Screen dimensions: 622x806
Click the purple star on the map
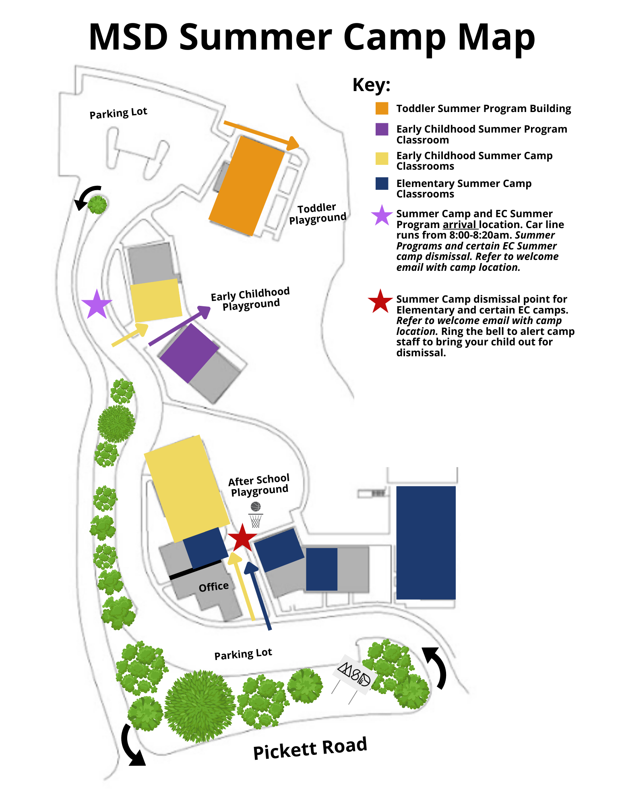[x=97, y=304]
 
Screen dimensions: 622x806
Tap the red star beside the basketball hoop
[x=242, y=538]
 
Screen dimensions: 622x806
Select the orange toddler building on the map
[x=246, y=186]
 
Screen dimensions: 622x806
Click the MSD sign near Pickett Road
[x=355, y=674]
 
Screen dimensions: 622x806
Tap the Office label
[x=214, y=587]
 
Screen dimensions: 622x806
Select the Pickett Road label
[x=310, y=748]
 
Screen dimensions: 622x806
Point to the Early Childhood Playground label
[x=250, y=299]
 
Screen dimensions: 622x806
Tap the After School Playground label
[x=259, y=485]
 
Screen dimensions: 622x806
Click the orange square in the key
[x=382, y=108]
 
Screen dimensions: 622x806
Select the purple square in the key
[x=382, y=129]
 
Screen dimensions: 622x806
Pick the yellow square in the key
[x=382, y=158]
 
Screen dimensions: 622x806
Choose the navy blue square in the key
[x=382, y=183]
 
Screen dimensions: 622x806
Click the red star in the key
[x=380, y=301]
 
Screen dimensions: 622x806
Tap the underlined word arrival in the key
[x=460, y=224]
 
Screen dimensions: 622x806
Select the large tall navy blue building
[x=426, y=542]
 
